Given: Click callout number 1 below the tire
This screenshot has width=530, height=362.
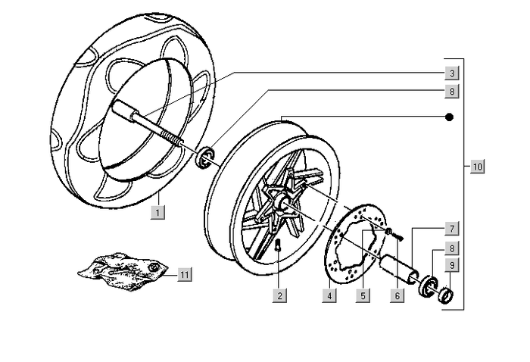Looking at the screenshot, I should click(x=157, y=212).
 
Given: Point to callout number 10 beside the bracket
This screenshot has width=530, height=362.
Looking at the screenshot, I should click(x=477, y=166).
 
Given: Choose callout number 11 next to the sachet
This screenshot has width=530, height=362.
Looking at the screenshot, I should click(x=184, y=274).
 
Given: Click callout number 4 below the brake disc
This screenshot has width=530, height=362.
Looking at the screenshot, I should click(x=329, y=295).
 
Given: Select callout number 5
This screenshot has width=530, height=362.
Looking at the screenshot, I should click(x=363, y=295).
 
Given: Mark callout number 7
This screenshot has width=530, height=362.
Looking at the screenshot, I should click(x=450, y=228).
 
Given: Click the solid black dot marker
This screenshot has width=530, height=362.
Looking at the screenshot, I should click(x=449, y=117).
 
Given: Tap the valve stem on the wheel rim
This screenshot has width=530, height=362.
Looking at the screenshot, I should click(x=278, y=244).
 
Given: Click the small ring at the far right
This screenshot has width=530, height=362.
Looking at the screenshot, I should click(x=447, y=292).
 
